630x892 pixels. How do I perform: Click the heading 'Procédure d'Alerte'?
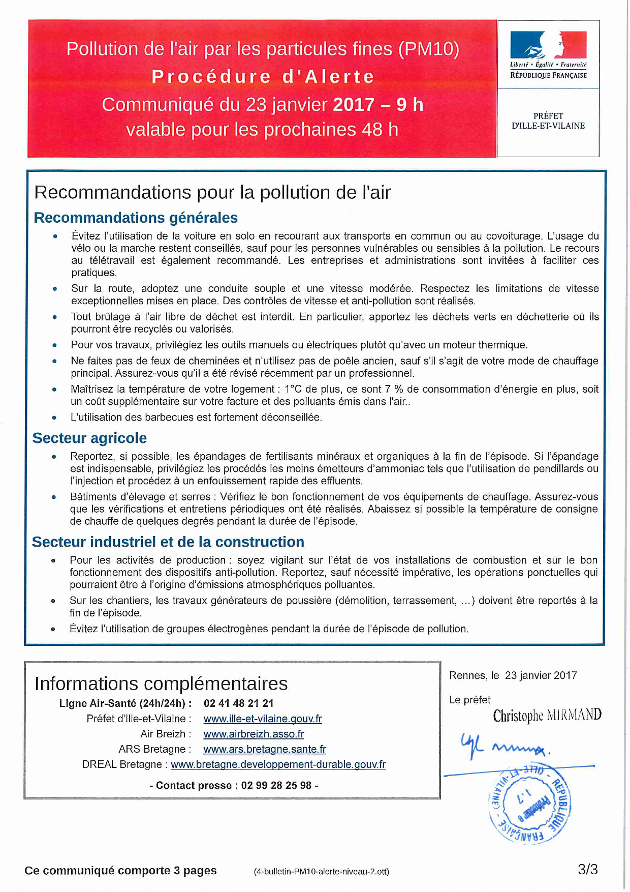pos(263,77)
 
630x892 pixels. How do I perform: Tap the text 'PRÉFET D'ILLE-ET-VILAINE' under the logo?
pos(548,121)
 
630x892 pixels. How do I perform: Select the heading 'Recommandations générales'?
pos(136,218)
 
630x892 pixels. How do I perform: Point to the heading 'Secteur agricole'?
pos(89,438)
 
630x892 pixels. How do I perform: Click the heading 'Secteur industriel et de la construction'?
pos(168,542)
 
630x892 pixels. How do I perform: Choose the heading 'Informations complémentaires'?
pos(161,683)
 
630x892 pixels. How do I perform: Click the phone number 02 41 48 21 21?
pos(239,703)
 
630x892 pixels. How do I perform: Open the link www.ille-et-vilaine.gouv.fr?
pos(263,719)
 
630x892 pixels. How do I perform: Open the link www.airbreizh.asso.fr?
pos(254,734)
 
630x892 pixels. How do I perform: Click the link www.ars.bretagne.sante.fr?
pos(265,749)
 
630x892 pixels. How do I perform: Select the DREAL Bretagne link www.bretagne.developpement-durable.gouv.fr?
pos(278,764)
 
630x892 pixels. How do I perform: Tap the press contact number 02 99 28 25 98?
pos(276,785)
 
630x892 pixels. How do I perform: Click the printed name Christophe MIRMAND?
pos(547,716)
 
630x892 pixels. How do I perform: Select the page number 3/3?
pos(587,870)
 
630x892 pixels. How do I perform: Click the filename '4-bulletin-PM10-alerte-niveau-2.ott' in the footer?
pos(322,871)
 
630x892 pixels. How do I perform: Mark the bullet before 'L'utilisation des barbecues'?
pos(54,418)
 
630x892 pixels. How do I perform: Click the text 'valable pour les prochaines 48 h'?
pos(262,130)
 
